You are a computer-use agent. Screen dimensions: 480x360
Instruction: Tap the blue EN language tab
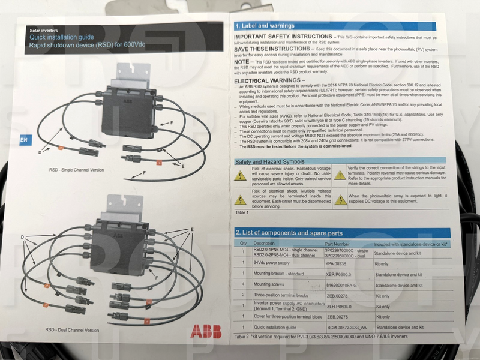[x=24, y=140]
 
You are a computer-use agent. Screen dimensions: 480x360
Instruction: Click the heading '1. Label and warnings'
[x=265, y=26]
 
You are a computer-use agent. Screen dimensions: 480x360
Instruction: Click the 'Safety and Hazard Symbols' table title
[x=269, y=162]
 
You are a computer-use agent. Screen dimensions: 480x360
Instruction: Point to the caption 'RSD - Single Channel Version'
[x=76, y=170]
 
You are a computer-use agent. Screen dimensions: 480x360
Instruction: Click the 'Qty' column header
[x=243, y=243]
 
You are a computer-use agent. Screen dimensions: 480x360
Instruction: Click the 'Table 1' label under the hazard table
[x=242, y=212]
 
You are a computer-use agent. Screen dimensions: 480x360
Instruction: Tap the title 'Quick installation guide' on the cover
[x=58, y=37]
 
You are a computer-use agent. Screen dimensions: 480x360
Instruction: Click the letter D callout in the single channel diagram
[x=40, y=152]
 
